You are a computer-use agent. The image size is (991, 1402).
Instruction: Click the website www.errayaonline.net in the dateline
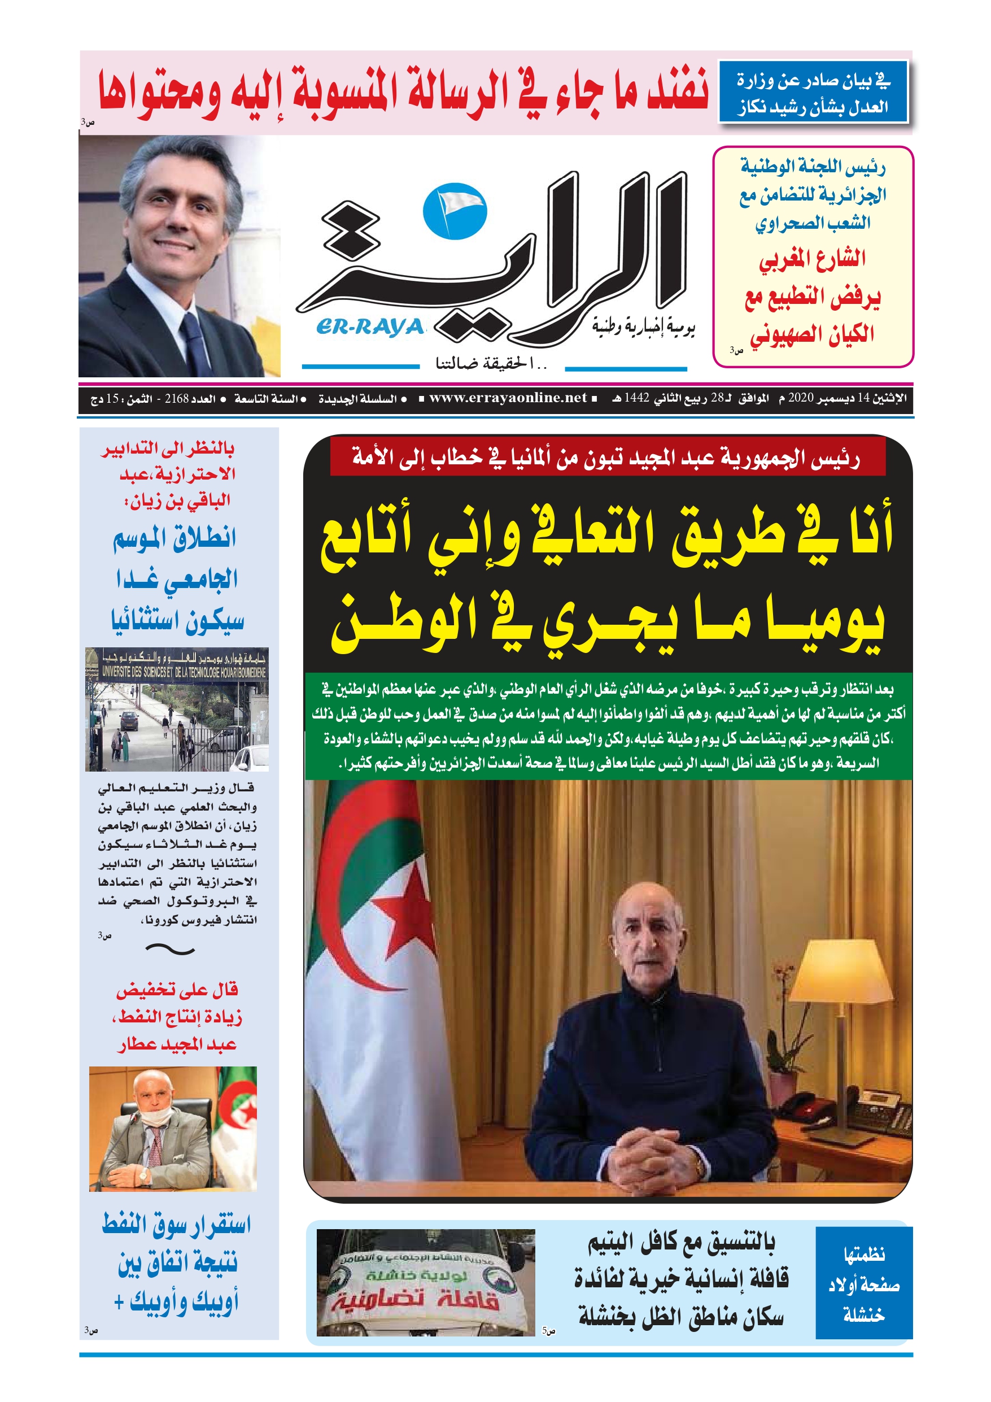(508, 398)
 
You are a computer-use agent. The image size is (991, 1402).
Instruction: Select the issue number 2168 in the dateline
(177, 399)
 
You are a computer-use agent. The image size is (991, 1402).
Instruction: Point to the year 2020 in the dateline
(801, 398)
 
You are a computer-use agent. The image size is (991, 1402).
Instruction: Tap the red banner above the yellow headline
(607, 457)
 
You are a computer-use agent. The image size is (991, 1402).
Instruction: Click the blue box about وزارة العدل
(812, 92)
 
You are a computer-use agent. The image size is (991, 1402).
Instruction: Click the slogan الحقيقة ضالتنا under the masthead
(491, 364)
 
